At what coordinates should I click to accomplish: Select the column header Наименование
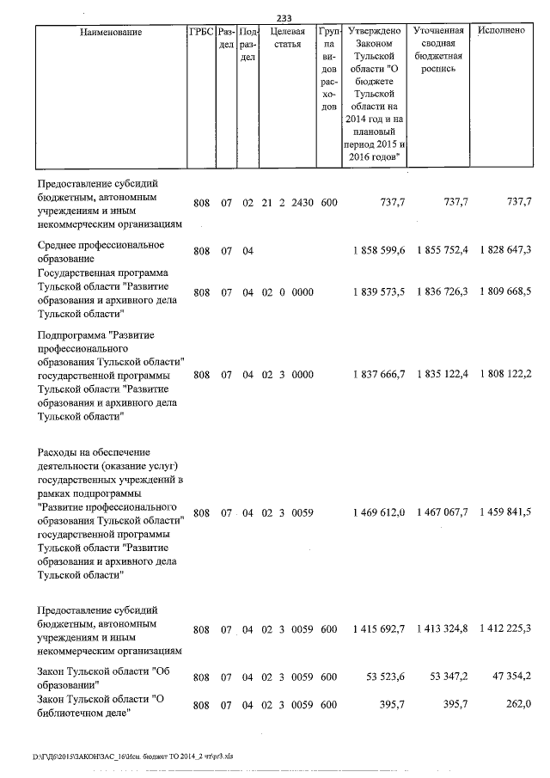(111, 32)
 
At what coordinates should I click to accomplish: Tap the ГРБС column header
(200, 32)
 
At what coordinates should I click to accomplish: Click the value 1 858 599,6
(378, 251)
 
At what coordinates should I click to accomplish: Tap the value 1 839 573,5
(378, 292)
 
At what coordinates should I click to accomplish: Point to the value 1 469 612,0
(378, 513)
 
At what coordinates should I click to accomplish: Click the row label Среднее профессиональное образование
(101, 251)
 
